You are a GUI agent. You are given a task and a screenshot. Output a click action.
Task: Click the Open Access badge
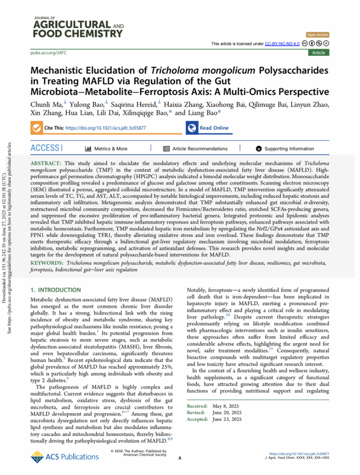point(317,35)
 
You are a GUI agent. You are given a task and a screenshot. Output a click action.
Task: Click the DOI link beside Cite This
point(107,128)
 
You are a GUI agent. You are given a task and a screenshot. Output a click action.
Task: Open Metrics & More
point(106,148)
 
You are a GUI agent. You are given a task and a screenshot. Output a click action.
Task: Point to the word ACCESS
point(45,148)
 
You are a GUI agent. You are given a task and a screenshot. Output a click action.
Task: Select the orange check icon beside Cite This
point(37,128)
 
